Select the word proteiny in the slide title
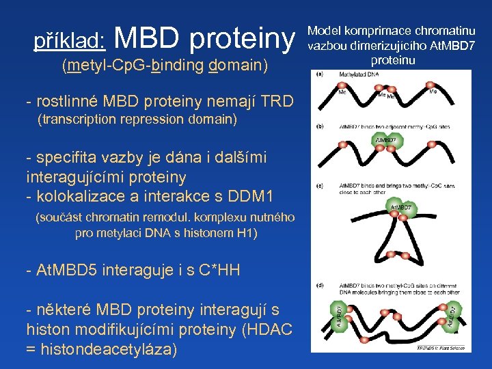tap(243, 40)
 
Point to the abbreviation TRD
tap(280, 102)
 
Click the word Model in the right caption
tap(324, 31)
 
